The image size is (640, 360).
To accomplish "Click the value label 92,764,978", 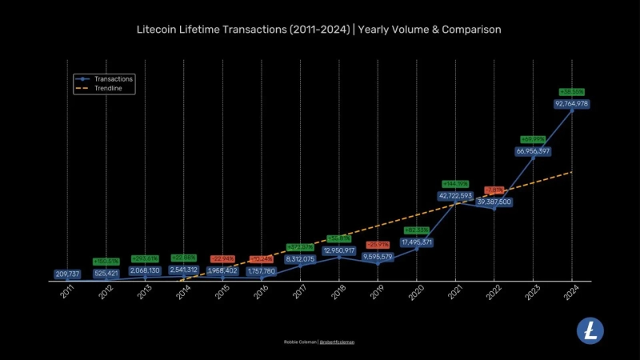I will [x=571, y=103].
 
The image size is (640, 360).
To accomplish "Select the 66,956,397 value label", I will [x=533, y=151].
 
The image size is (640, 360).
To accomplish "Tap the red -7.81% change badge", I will [x=494, y=190].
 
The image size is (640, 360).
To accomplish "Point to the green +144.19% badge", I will [x=455, y=184].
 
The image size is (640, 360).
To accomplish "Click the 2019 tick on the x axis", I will [x=377, y=293].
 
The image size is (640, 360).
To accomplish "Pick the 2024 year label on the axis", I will [x=571, y=293].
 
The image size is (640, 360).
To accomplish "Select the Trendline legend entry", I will [x=110, y=89].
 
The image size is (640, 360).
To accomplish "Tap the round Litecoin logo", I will [x=590, y=330].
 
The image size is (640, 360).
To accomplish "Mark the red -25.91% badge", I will [x=378, y=245].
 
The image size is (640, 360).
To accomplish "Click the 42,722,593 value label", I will [x=455, y=195].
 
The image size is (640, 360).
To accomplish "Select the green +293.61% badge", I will [x=145, y=259].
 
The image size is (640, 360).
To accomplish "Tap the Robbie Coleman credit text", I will [x=300, y=342].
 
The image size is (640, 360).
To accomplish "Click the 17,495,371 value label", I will [x=416, y=242].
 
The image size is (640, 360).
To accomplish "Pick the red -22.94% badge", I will [x=222, y=259].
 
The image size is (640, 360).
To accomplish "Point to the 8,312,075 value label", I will [x=300, y=258].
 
